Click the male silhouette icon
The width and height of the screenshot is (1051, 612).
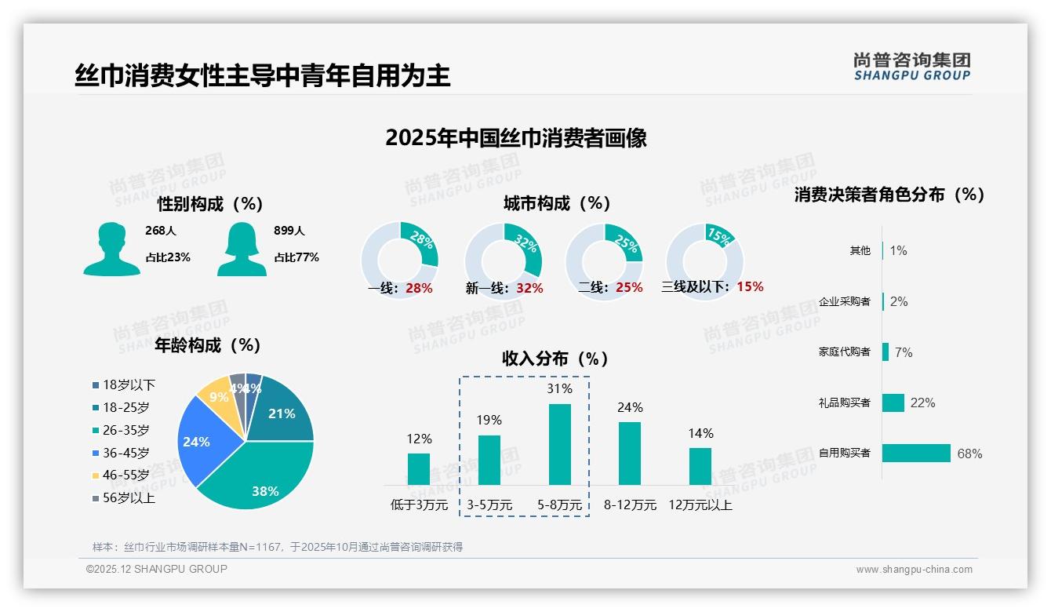(x=111, y=249)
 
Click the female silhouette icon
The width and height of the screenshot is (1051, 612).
(x=242, y=249)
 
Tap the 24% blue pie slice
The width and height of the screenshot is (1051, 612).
(x=198, y=441)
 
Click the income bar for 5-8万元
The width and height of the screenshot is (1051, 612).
(x=559, y=444)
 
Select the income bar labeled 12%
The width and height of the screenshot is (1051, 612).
(x=419, y=468)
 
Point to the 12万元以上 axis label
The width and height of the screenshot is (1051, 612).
(x=700, y=505)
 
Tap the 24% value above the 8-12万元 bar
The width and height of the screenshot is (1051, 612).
(x=629, y=407)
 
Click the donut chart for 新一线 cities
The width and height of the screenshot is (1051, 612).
(x=503, y=260)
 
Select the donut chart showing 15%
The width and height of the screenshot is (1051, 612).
(x=704, y=260)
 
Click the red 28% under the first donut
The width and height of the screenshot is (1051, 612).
(x=419, y=288)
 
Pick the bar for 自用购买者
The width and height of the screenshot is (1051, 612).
(x=916, y=453)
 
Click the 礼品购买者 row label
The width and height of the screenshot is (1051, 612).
(x=844, y=403)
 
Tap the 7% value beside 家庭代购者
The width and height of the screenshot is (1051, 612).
(x=904, y=352)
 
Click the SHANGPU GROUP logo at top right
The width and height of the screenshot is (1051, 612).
(x=911, y=67)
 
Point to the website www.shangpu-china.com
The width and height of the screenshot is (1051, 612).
(x=914, y=570)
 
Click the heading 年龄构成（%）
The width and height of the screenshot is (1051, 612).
(x=208, y=345)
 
